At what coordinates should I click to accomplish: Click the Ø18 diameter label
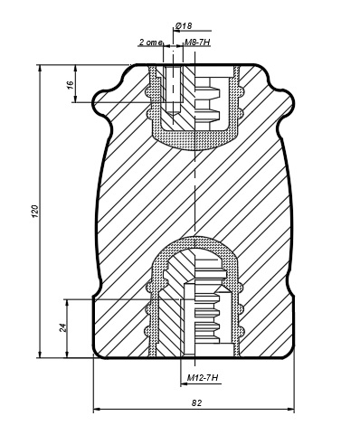click(184, 26)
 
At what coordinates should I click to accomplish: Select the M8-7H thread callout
click(197, 42)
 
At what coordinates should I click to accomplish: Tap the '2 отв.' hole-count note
click(151, 43)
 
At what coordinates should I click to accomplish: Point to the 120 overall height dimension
click(35, 211)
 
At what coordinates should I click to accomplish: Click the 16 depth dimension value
click(71, 85)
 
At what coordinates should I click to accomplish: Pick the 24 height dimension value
click(62, 327)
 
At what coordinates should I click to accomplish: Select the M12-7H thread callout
click(203, 377)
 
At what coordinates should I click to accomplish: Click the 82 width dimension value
click(196, 402)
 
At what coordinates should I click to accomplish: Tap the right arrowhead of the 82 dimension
click(290, 410)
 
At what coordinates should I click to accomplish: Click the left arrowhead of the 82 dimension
click(97, 410)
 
